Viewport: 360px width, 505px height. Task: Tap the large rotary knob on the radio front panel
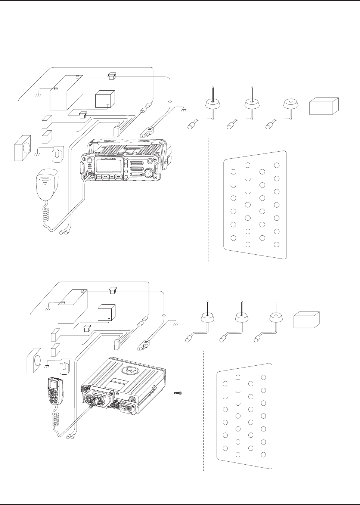149,173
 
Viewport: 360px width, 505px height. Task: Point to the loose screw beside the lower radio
178,393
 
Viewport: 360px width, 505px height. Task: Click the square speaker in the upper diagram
23,148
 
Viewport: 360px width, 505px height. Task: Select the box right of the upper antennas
323,106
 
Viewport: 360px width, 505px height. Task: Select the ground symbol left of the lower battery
48,309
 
